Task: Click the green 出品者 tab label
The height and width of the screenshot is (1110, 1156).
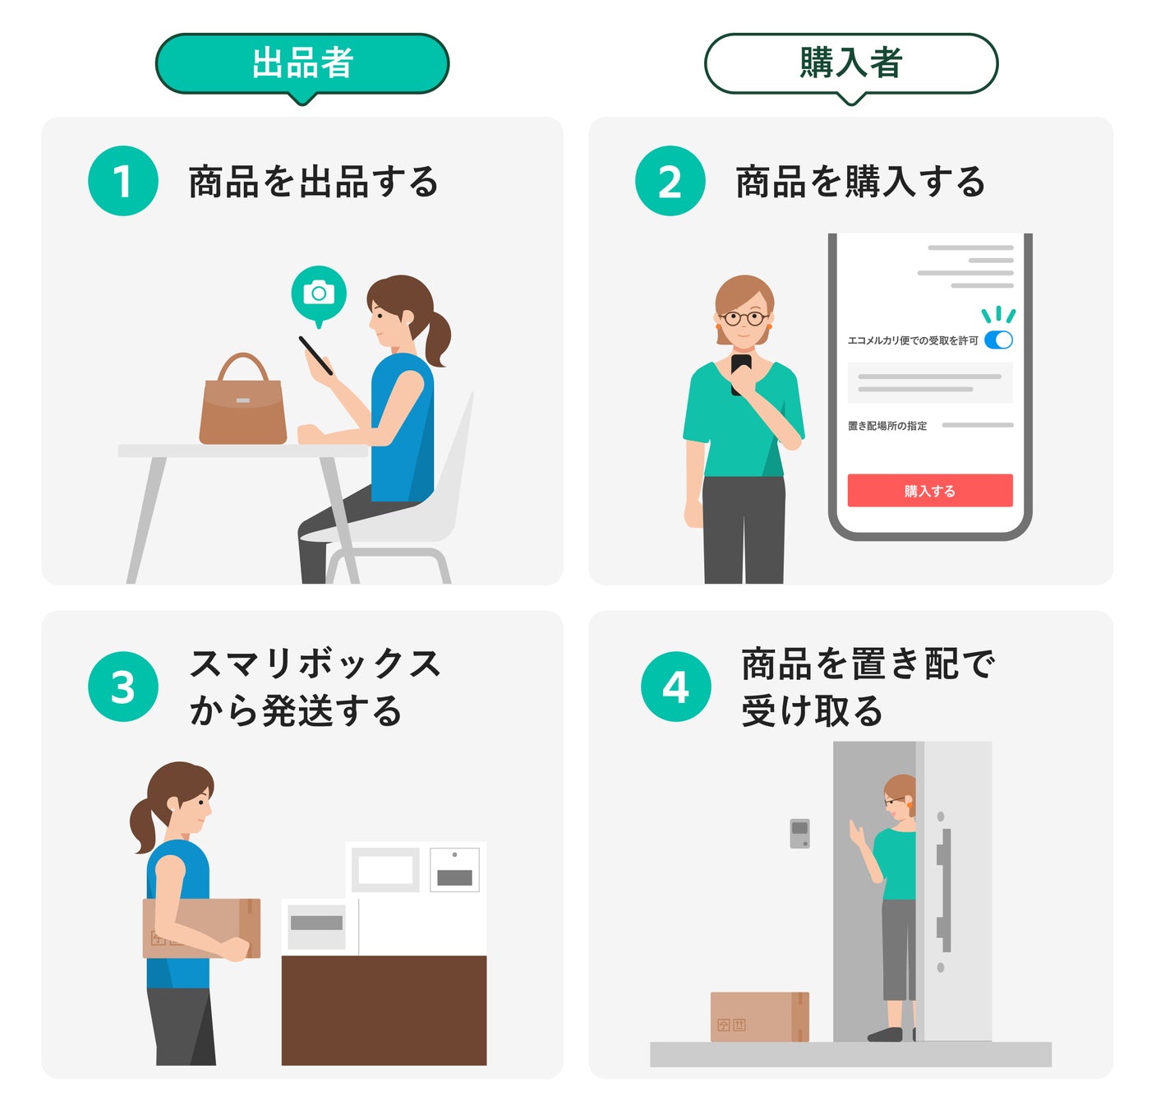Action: point(302,63)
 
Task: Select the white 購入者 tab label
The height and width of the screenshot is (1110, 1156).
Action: point(851,63)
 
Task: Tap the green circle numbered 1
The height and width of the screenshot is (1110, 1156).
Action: point(123,181)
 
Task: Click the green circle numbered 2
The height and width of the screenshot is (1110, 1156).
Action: point(670,181)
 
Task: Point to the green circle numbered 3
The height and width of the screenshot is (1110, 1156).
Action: point(123,687)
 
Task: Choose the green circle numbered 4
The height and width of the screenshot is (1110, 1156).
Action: point(675,687)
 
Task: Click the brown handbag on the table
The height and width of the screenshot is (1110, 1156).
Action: point(243,407)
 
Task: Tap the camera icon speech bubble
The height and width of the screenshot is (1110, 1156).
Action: point(319,294)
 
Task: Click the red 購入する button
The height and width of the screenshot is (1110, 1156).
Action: point(929,491)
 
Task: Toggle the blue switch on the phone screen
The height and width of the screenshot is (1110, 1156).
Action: point(998,340)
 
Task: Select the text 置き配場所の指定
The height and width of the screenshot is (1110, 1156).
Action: point(887,426)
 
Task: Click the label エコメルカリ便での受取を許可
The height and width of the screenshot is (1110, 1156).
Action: point(913,340)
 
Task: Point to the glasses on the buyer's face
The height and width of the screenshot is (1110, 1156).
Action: point(744,318)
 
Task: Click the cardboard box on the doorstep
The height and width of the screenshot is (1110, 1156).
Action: point(759,1017)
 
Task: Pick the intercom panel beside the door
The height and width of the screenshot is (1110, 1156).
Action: point(799,833)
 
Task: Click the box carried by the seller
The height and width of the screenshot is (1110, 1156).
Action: point(202,927)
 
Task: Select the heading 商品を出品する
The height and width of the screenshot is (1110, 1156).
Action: point(313,182)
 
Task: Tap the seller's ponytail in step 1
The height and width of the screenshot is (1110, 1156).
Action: point(437,337)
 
